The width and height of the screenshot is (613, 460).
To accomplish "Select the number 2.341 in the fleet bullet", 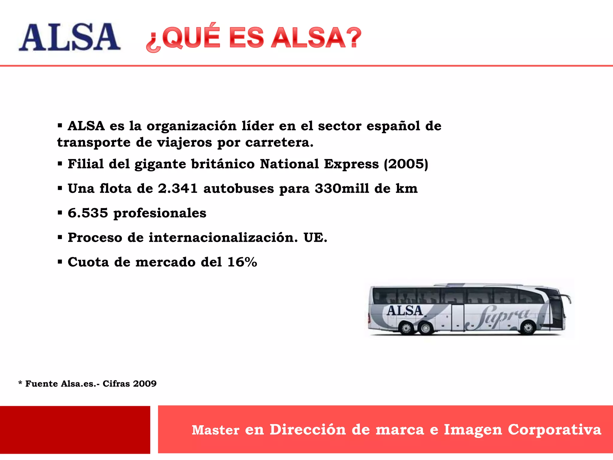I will tap(178, 189).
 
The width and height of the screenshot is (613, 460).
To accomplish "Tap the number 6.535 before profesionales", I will tap(88, 213).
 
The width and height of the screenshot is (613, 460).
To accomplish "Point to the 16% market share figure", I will tap(242, 262).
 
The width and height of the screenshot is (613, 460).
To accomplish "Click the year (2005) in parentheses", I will tap(406, 164).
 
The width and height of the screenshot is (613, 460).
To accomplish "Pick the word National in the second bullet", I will tap(289, 164).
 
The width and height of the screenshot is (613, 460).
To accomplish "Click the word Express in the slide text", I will tap(351, 164).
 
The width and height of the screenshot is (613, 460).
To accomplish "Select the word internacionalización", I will tap(223, 238).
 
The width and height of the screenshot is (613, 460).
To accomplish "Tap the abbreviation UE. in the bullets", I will tap(315, 238).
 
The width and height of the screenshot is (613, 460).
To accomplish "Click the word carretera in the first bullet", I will tap(279, 143).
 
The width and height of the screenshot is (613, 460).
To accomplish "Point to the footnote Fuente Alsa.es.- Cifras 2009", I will tap(87, 384).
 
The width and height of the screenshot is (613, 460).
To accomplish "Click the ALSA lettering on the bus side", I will tap(404, 311).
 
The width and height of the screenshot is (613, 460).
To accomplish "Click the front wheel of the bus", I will tap(528, 328).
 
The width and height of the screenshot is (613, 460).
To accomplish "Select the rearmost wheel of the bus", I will tap(406, 329).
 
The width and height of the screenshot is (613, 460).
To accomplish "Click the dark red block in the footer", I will tap(75, 430).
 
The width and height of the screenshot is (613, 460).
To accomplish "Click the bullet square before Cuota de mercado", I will tap(60, 262).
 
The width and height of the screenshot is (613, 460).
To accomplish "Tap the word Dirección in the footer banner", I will tap(307, 430).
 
